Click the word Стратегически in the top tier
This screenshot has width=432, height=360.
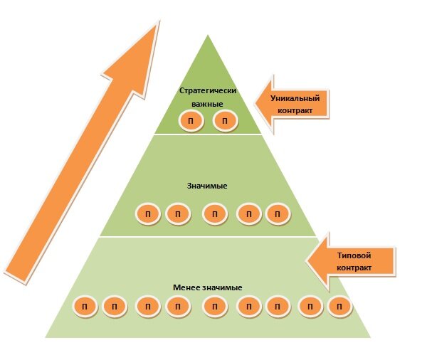(x=208, y=90)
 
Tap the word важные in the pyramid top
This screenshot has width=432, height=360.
(x=207, y=104)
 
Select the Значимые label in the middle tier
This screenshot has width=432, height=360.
(x=207, y=186)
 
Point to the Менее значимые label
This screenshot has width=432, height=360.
(x=207, y=287)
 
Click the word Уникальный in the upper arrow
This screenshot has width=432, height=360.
(x=295, y=98)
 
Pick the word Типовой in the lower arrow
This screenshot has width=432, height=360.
(x=354, y=255)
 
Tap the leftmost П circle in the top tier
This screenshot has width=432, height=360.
(x=191, y=121)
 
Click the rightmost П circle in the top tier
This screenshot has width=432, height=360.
(x=226, y=121)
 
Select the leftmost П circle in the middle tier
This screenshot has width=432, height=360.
(x=148, y=213)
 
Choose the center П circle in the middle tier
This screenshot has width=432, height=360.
(x=215, y=213)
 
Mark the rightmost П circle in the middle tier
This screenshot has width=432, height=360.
(x=278, y=213)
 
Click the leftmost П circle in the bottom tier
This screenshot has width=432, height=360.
(x=85, y=307)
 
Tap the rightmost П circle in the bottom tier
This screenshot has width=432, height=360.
(x=339, y=307)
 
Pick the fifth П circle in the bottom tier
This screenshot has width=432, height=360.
(x=215, y=307)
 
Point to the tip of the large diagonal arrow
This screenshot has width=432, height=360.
(x=159, y=21)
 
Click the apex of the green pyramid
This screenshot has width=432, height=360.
(x=208, y=36)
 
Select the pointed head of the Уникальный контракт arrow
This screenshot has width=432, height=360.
(x=255, y=104)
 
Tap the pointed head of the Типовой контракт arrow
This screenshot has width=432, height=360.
(x=307, y=260)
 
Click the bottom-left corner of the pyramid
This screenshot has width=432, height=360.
(x=46, y=337)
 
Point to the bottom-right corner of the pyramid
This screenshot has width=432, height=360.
(x=370, y=337)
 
